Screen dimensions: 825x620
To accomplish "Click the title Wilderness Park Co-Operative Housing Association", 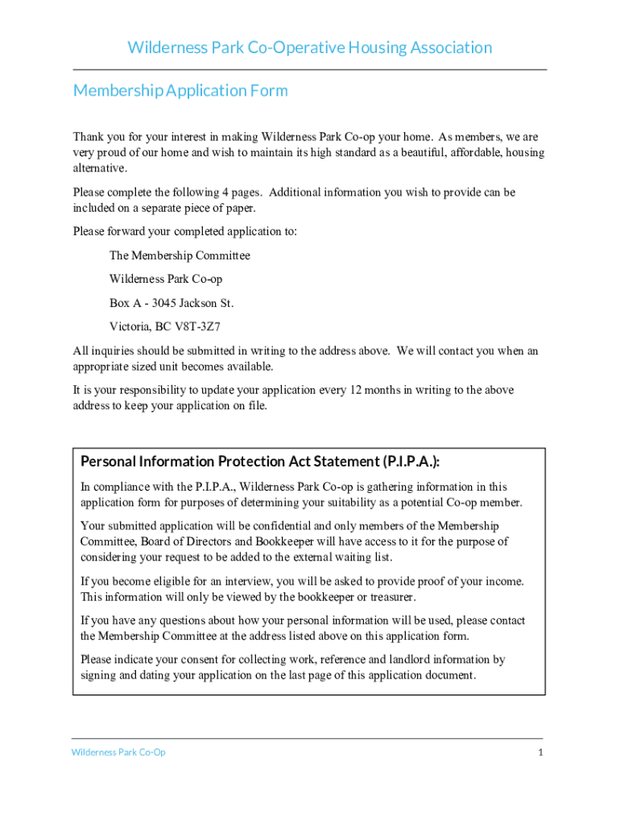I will (310, 48).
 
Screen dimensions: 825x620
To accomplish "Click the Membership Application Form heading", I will (180, 90).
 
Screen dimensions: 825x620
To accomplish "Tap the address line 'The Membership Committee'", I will (180, 255).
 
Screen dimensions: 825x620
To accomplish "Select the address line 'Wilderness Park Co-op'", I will (166, 279).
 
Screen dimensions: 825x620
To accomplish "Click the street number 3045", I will (163, 303).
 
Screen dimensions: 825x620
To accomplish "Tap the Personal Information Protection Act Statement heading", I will (260, 462).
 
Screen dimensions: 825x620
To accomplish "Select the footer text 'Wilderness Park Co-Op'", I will (118, 752).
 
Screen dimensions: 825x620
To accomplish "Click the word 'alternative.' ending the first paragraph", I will (101, 168).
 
